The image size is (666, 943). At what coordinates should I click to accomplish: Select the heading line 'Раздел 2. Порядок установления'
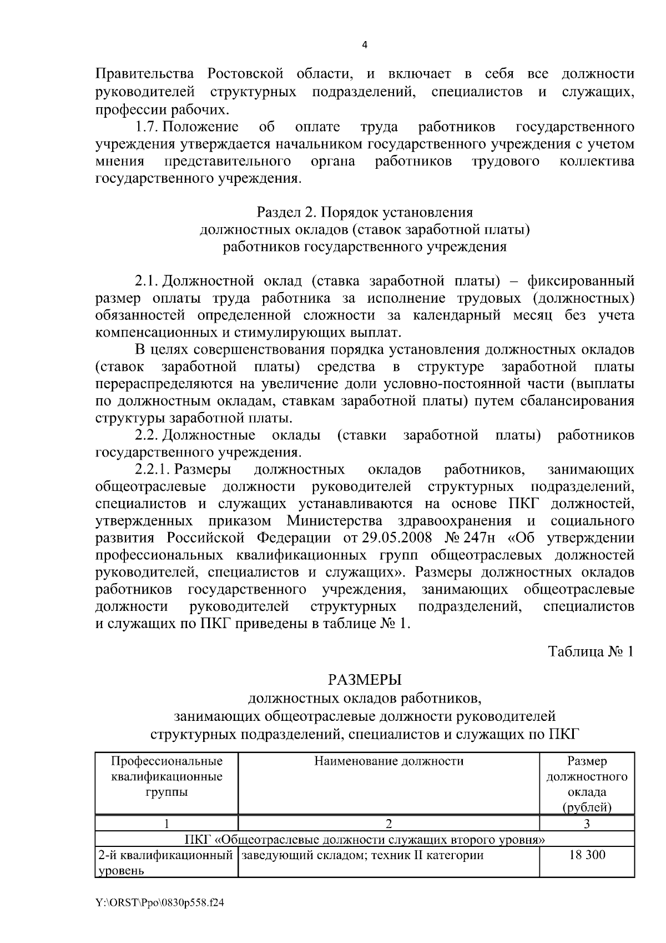[365, 212]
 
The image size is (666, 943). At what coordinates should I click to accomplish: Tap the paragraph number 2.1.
[147, 281]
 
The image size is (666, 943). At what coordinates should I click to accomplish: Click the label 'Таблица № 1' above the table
[591, 651]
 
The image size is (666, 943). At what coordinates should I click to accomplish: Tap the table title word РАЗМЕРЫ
[365, 680]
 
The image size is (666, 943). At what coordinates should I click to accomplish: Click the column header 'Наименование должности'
[389, 761]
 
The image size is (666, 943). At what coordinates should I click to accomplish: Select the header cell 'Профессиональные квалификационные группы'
[167, 776]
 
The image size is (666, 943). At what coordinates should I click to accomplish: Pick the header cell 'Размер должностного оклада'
[587, 784]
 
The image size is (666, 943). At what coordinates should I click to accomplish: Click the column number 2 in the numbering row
[389, 824]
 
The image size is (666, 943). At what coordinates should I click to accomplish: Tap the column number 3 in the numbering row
[587, 824]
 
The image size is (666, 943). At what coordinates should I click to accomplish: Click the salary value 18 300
[587, 855]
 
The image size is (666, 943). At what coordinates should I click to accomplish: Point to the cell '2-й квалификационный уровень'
[165, 862]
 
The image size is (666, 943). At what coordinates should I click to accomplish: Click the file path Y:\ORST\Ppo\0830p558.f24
[160, 903]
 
